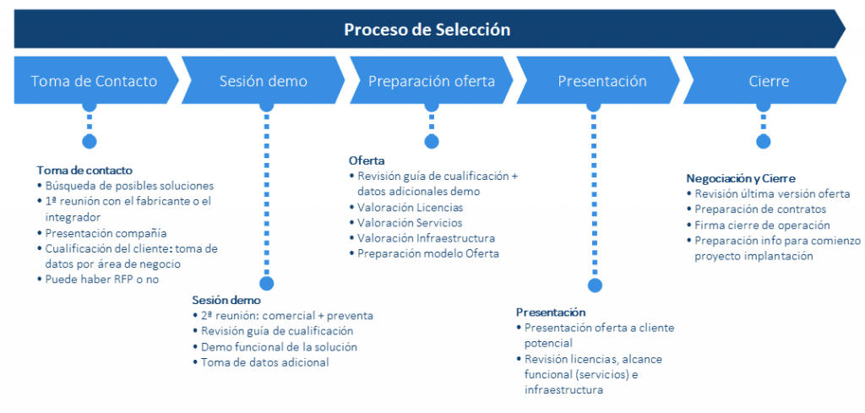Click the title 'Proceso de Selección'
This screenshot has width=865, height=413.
click(427, 30)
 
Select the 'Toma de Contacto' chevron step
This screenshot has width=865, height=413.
click(94, 81)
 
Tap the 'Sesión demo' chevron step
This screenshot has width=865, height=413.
click(264, 81)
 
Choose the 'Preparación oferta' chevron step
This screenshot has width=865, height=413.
click(432, 81)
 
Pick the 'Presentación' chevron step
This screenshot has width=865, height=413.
click(602, 81)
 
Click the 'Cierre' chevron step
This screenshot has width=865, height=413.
click(769, 81)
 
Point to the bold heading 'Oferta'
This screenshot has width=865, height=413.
click(367, 160)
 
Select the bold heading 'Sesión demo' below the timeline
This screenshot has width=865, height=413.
click(226, 300)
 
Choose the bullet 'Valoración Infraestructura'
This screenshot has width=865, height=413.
click(426, 238)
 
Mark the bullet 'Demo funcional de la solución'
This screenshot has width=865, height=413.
click(279, 346)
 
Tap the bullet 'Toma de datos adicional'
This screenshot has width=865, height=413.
click(264, 362)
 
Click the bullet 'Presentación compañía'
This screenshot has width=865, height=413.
click(106, 232)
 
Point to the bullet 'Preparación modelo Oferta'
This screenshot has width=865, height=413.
click(427, 253)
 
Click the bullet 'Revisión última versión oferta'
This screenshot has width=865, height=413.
click(772, 193)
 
